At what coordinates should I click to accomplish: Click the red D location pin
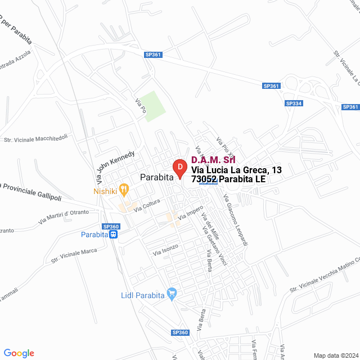(179, 168)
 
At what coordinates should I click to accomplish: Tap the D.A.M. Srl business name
(213, 160)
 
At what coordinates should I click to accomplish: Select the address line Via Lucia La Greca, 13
(236, 170)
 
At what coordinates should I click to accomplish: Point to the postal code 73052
(204, 179)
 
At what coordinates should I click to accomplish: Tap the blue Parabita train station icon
(114, 235)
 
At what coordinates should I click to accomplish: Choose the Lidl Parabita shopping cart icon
(172, 294)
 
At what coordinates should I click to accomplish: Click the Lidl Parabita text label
(142, 295)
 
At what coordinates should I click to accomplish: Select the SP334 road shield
(294, 103)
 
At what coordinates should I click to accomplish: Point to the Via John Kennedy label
(115, 167)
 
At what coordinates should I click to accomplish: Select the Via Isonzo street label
(165, 250)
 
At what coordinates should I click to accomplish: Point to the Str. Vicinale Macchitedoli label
(36, 138)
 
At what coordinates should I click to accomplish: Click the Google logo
(19, 353)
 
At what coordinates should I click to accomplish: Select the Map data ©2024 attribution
(335, 355)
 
